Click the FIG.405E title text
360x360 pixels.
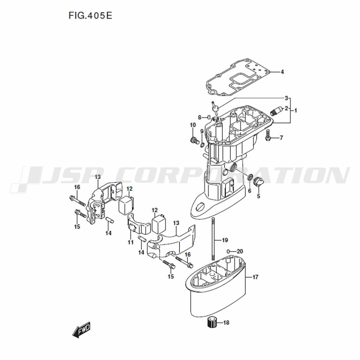(x=90, y=15)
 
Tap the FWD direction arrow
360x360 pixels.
(x=81, y=329)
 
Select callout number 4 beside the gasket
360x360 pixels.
(x=282, y=72)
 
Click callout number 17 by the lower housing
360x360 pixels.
(x=255, y=277)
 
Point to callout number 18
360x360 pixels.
(x=226, y=323)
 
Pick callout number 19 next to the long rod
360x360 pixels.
(x=225, y=240)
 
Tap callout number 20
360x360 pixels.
(x=240, y=251)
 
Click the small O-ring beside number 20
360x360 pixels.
(x=229, y=251)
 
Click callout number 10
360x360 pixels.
(x=193, y=125)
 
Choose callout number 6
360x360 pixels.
(x=249, y=191)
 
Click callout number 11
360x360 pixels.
(x=131, y=242)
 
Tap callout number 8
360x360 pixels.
(x=199, y=118)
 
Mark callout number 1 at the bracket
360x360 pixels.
(x=296, y=111)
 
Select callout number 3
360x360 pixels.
(x=286, y=98)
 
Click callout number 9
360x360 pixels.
(x=202, y=131)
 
